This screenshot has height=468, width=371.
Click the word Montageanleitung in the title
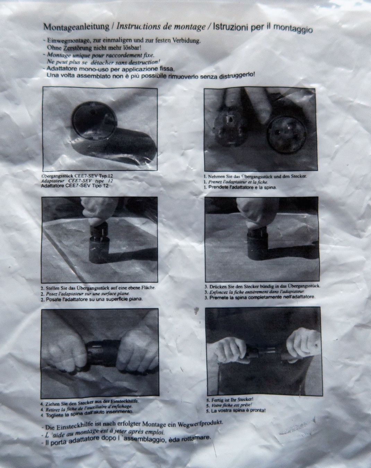click(76, 27)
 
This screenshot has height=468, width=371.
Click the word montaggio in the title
click(293, 28)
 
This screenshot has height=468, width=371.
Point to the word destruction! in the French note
click(145, 62)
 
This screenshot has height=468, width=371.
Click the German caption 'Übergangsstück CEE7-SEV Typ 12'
click(77, 176)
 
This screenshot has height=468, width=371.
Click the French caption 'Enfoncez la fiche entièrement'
click(238, 292)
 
